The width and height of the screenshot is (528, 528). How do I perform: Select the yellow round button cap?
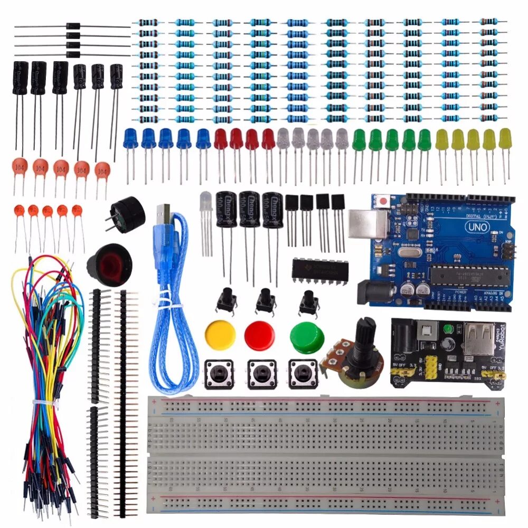coord(220,335)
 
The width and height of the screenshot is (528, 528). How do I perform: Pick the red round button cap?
coord(260,334)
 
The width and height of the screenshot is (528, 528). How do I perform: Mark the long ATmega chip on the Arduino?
coord(469,275)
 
